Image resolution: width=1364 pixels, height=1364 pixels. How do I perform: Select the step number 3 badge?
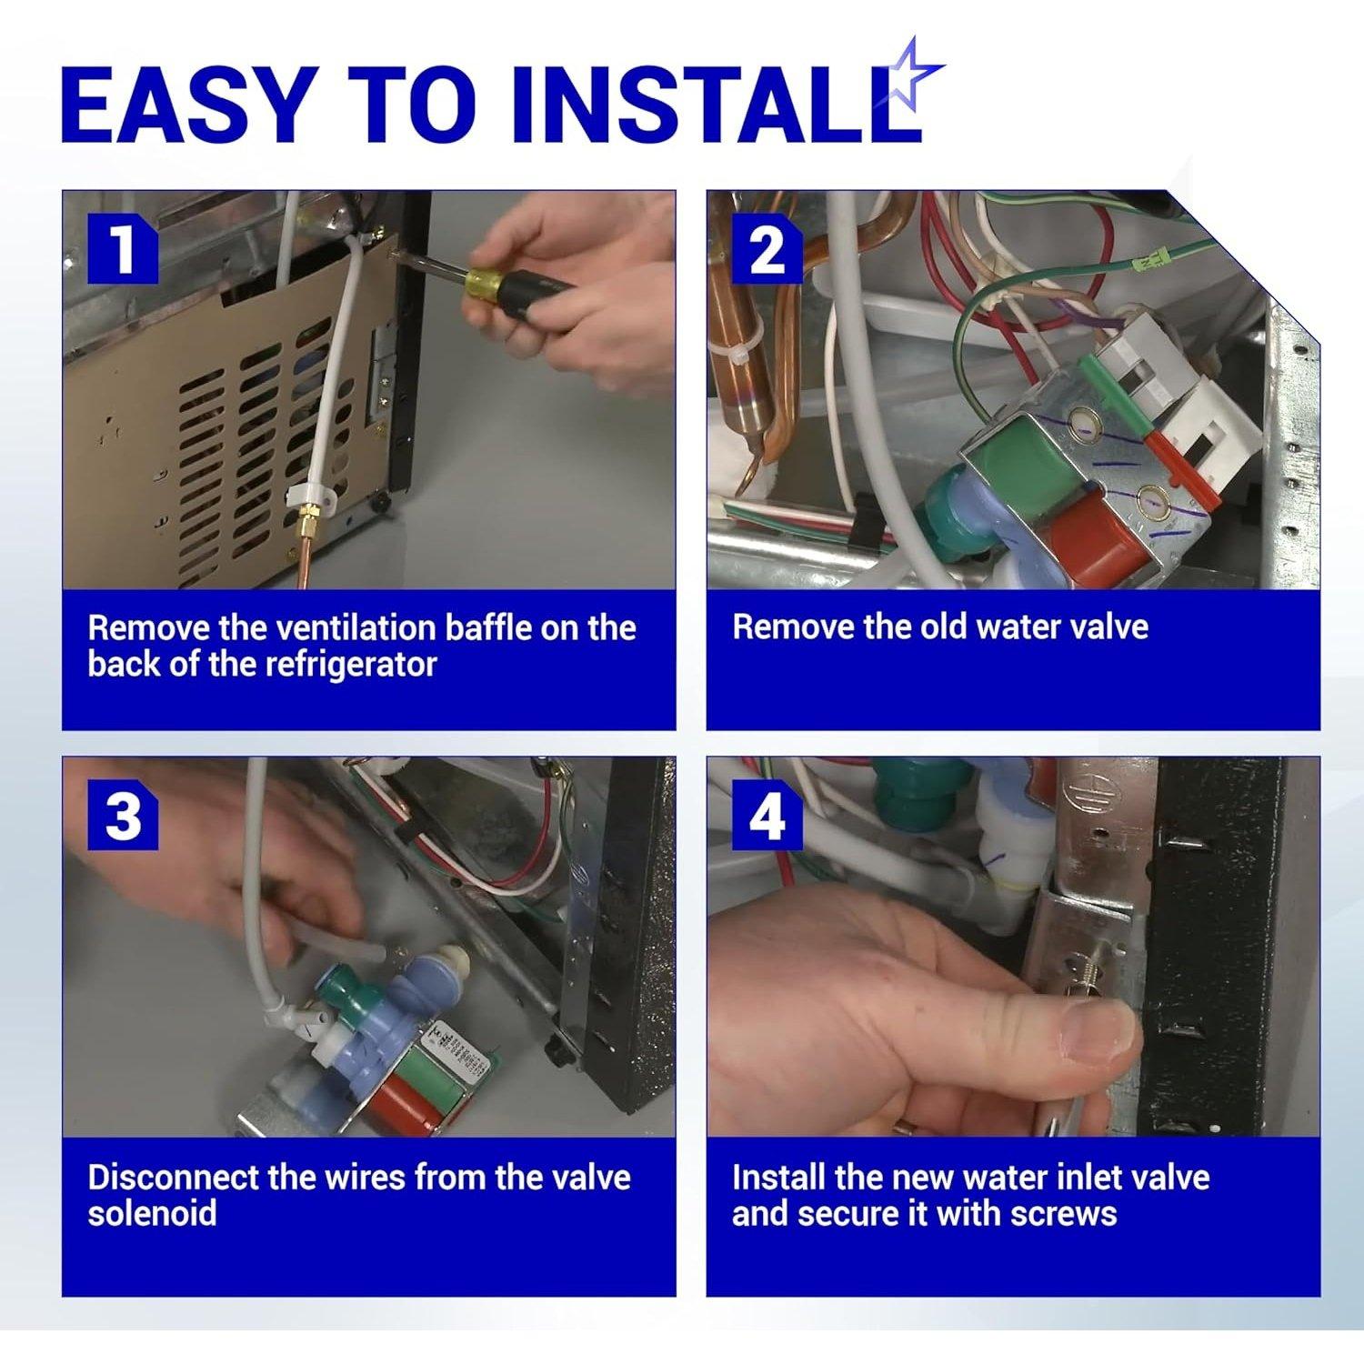click(x=123, y=815)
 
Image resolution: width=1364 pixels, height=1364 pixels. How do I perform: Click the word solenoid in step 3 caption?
click(x=152, y=1214)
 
